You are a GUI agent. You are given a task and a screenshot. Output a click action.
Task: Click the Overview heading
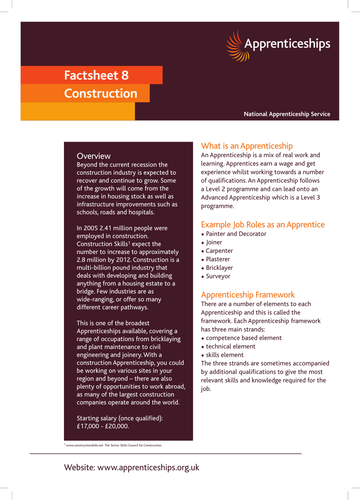pyautogui.click(x=93, y=157)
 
